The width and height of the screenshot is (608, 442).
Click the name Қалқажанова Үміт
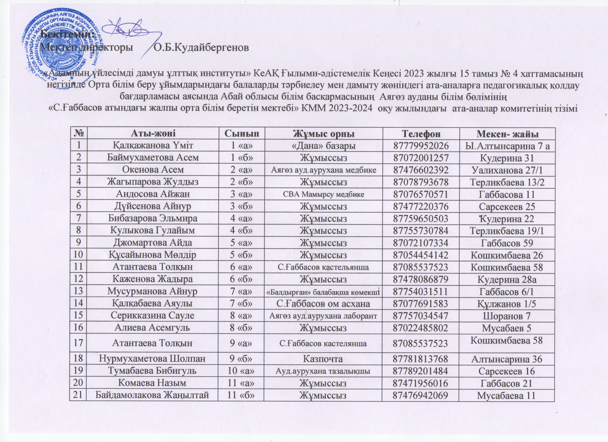tap(153, 145)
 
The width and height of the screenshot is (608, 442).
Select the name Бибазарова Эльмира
tap(153, 218)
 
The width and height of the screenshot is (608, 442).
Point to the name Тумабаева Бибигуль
tap(153, 371)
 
